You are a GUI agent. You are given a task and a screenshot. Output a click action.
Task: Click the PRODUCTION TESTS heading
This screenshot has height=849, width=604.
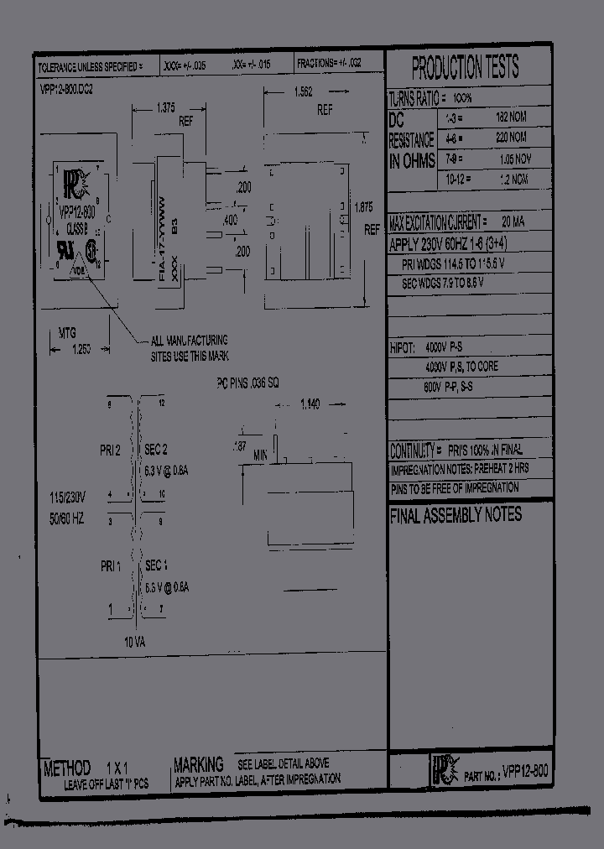tap(466, 66)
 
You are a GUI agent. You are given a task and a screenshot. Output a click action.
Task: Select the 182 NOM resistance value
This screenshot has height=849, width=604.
tap(511, 118)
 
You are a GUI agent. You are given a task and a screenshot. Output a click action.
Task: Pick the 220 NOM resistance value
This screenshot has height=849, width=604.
tap(511, 138)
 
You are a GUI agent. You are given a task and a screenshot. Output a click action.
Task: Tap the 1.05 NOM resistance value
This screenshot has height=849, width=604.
tap(513, 159)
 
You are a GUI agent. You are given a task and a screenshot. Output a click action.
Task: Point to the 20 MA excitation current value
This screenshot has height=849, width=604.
tap(513, 222)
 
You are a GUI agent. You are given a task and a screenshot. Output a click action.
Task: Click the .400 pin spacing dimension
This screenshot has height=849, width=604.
tap(229, 220)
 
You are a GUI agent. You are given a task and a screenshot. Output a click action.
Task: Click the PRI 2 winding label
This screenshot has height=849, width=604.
tap(111, 451)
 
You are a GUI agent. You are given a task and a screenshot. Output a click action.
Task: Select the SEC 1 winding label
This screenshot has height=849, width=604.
tap(157, 566)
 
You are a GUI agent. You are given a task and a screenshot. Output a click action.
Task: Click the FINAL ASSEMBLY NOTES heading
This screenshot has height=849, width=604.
tap(456, 515)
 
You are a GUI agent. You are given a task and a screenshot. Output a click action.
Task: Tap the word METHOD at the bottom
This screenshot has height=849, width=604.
tap(66, 768)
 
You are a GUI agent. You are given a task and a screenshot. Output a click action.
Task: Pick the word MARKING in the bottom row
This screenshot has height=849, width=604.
tap(198, 764)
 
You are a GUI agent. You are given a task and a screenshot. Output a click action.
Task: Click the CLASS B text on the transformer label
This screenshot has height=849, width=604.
tap(80, 227)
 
